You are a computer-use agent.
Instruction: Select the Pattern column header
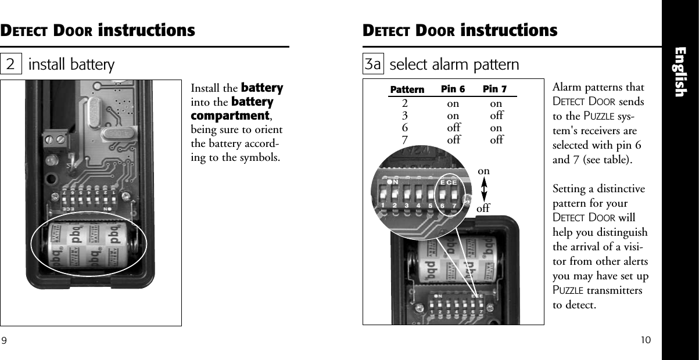pyautogui.click(x=407, y=90)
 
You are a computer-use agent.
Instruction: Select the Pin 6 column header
pyautogui.click(x=453, y=89)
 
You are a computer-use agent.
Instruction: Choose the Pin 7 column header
pyautogui.click(x=494, y=89)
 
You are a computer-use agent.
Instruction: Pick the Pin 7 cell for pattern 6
pyautogui.click(x=496, y=128)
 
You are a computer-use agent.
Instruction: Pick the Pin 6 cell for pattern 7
pyautogui.click(x=453, y=140)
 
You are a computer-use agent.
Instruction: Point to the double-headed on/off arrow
pyautogui.click(x=484, y=189)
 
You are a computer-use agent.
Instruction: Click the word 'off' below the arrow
pyautogui.click(x=483, y=207)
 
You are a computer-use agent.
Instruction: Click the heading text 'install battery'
pyautogui.click(x=71, y=64)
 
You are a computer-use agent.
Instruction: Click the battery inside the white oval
pyautogui.click(x=90, y=246)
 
